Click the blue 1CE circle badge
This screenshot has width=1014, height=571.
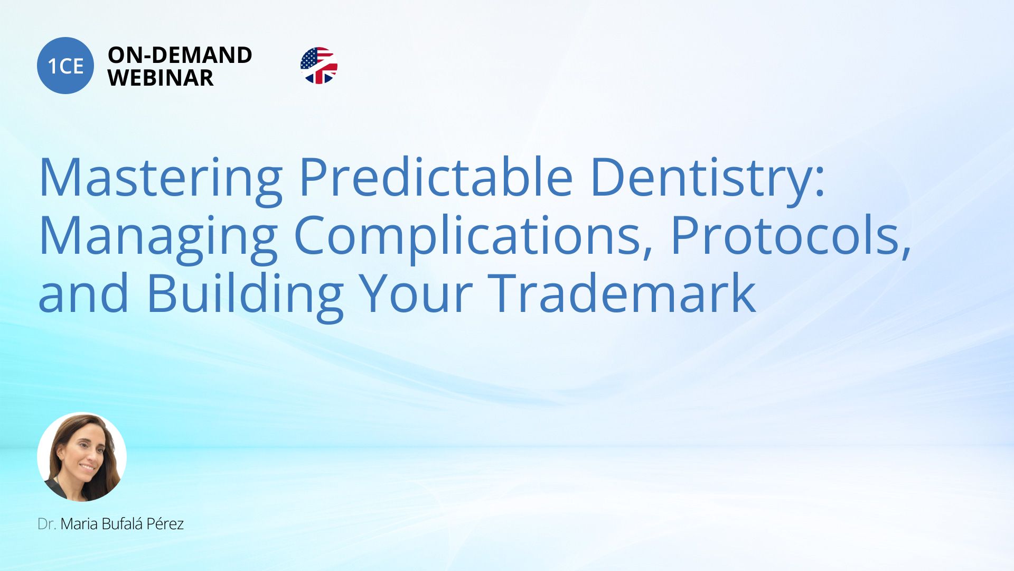[x=65, y=66]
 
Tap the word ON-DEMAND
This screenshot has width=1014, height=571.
[x=180, y=55]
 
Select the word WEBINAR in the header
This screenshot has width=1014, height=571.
[x=161, y=78]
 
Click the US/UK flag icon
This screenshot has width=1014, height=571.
[x=319, y=66]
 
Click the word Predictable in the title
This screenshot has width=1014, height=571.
[x=436, y=177]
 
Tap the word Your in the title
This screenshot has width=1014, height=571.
[x=416, y=294]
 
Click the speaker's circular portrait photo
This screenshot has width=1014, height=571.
[x=82, y=457]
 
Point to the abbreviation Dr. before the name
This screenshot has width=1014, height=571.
[x=47, y=524]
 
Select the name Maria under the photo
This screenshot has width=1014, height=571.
[x=79, y=524]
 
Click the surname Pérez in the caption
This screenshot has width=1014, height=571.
[x=165, y=523]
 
